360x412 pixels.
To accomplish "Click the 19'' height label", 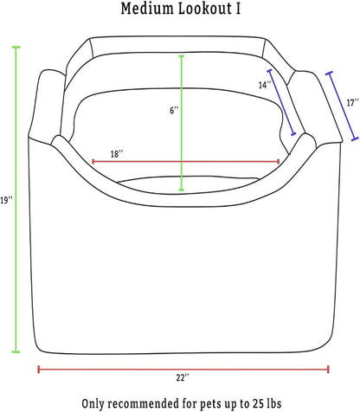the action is click(6, 200).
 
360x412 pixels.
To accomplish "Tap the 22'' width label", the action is click(183, 377).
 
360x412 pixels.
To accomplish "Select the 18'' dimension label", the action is click(117, 154).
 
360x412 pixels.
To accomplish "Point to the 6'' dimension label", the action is click(174, 110).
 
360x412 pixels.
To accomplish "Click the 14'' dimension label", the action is click(265, 85).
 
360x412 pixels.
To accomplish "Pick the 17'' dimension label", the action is click(352, 102).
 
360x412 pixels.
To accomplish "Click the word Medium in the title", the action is click(146, 9).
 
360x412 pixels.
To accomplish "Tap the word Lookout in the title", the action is click(204, 9).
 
